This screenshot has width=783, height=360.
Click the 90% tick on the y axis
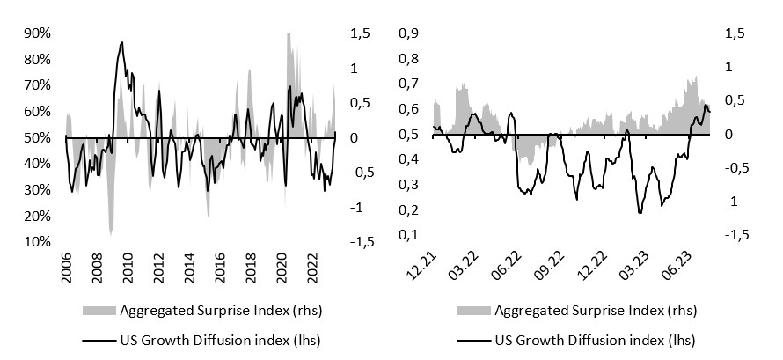[38, 33]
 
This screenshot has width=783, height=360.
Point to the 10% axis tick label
[38, 242]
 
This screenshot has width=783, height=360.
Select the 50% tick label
[38, 138]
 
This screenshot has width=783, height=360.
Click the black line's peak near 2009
[121, 42]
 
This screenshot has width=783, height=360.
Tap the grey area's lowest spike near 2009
[111, 233]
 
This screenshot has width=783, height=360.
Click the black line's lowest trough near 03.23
[640, 212]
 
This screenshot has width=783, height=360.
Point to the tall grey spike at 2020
[289, 35]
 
